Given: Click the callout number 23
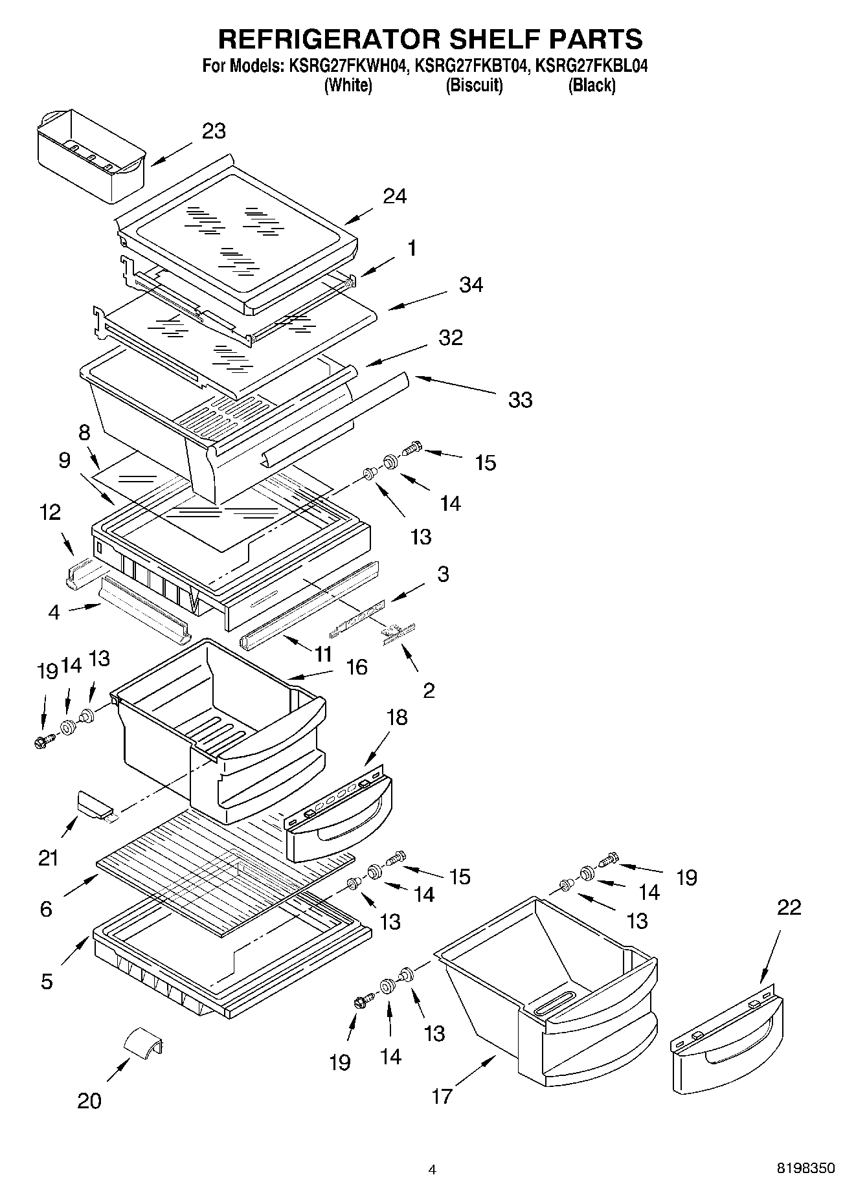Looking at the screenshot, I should [214, 131].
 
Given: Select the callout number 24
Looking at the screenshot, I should [394, 196].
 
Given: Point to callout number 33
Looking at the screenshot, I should [520, 399].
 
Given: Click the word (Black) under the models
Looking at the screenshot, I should [591, 85].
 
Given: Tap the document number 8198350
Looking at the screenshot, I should [805, 1169].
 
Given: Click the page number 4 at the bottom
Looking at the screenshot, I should [433, 1169].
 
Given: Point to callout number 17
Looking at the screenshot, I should [442, 1096].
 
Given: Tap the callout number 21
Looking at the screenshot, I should [49, 858].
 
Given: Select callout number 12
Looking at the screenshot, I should [50, 512].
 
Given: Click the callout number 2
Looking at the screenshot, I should [429, 690].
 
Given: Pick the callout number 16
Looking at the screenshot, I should [357, 666].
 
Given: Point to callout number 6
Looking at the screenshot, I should [45, 909].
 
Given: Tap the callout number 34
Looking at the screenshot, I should [471, 284].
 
